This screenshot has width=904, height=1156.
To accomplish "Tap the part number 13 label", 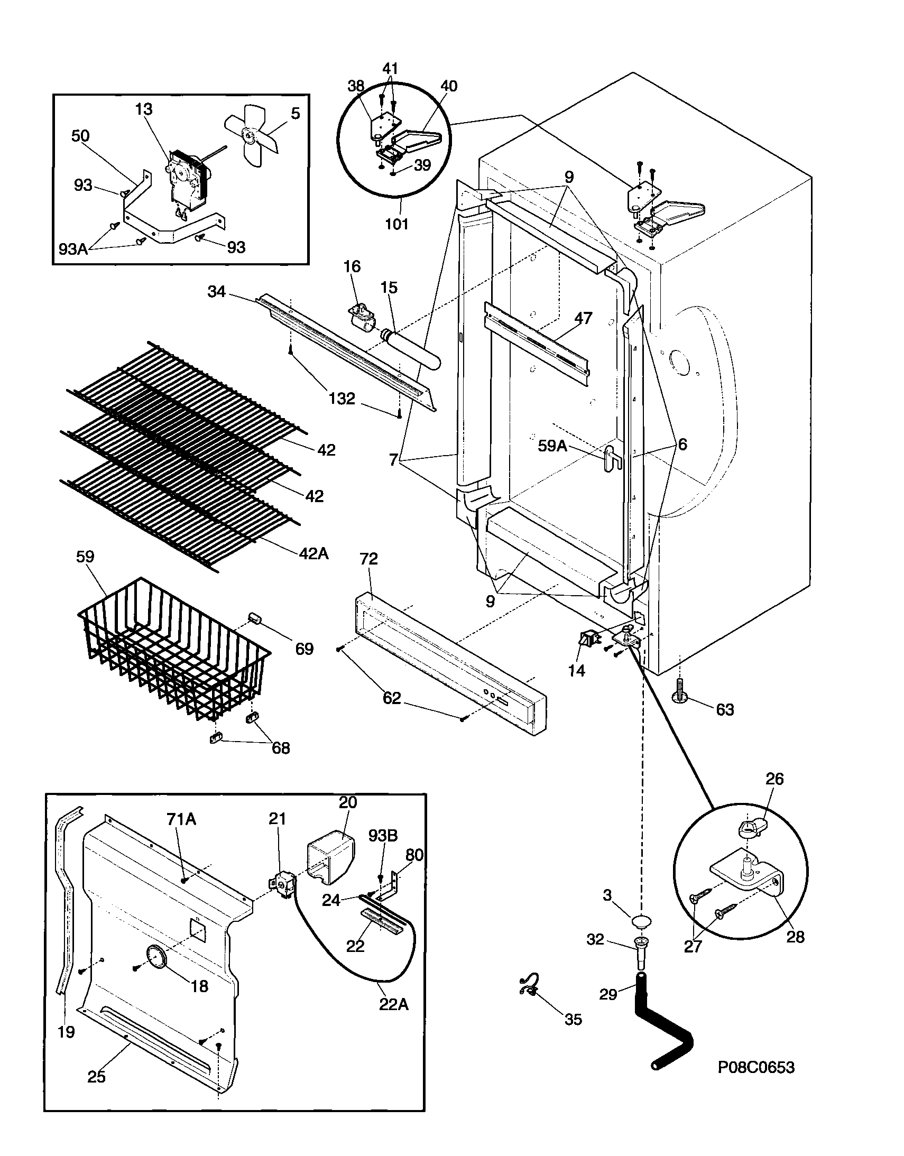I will pyautogui.click(x=144, y=109).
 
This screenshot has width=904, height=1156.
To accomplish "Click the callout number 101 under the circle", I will pyautogui.click(x=396, y=224).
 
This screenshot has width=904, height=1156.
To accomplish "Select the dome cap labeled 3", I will pyautogui.click(x=640, y=921).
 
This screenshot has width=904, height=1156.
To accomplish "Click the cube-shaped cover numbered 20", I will pyautogui.click(x=330, y=860).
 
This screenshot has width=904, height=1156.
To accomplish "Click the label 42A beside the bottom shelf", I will pyautogui.click(x=314, y=553).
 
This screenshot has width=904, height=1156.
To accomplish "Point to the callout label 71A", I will pyautogui.click(x=181, y=820).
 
